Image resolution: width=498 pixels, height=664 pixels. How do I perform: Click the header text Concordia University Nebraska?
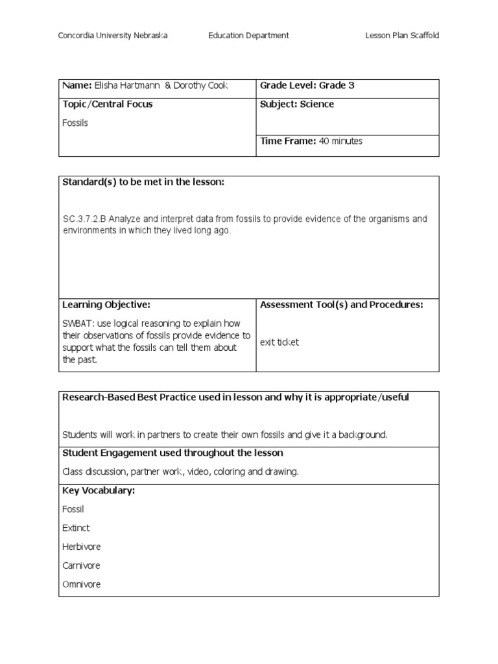tap(113, 36)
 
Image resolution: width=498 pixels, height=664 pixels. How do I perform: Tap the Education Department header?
tap(248, 36)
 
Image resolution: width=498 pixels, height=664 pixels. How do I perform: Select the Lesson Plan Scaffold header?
tap(402, 36)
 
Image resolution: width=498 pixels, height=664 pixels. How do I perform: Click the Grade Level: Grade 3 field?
tap(307, 86)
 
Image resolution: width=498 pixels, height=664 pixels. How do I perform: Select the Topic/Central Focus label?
tap(108, 104)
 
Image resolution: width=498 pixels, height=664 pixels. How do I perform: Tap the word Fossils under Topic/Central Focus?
tap(75, 123)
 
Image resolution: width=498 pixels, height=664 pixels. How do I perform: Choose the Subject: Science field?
tap(297, 104)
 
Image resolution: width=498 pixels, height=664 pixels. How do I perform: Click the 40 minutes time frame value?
tap(342, 141)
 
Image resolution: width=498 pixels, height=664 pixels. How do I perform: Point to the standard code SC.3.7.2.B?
tap(83, 219)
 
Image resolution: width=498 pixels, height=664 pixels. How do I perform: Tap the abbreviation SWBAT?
tap(78, 323)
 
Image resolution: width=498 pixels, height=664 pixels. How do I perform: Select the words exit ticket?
tap(279, 342)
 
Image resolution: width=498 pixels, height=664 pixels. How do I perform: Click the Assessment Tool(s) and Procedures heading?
tap(342, 305)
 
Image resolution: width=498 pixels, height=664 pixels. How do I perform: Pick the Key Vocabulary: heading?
tap(99, 491)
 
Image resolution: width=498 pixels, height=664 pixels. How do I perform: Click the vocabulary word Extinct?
tap(76, 528)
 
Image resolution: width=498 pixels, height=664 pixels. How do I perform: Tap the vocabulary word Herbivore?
tap(82, 547)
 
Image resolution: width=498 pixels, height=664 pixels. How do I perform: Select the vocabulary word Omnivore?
tap(82, 585)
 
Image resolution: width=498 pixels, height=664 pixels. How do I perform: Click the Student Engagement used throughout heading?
tap(172, 453)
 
